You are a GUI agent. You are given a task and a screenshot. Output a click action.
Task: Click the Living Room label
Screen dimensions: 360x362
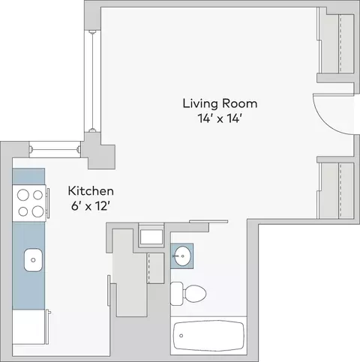(x=220, y=104)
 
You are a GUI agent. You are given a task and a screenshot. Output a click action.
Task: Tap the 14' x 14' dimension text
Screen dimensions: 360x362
(x=219, y=118)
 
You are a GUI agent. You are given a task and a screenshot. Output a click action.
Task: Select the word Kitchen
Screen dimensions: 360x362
(x=91, y=191)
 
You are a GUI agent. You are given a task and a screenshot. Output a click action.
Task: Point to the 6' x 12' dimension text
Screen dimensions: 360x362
(x=91, y=206)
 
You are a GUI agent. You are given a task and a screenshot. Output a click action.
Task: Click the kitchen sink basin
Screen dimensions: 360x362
(x=33, y=260)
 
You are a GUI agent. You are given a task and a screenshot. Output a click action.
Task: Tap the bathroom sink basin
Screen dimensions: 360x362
(x=182, y=256)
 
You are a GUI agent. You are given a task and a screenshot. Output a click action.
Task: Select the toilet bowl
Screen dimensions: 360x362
(x=194, y=294)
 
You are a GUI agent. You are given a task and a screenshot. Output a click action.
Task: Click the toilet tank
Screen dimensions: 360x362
(x=176, y=294)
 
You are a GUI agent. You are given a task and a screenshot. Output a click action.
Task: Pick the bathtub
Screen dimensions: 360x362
(x=208, y=336)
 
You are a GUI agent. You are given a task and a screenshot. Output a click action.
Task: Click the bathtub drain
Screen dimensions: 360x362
(x=181, y=336)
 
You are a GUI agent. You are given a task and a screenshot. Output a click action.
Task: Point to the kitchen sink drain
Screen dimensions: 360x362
(x=33, y=260)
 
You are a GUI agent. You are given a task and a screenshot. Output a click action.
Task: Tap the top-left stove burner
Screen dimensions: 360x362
(x=23, y=195)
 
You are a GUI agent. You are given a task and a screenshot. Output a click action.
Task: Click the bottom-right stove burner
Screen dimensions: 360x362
(x=37, y=211)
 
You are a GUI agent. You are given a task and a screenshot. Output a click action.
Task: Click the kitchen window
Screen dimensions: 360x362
(x=55, y=150)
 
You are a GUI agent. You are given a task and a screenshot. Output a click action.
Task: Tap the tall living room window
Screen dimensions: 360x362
(x=92, y=82)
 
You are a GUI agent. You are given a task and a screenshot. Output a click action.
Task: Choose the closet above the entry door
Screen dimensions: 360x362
(x=336, y=43)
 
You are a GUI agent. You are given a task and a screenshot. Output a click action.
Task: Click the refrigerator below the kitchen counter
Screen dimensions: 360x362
(x=28, y=327)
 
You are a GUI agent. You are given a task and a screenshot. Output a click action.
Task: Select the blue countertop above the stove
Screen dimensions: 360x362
(x=28, y=177)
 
